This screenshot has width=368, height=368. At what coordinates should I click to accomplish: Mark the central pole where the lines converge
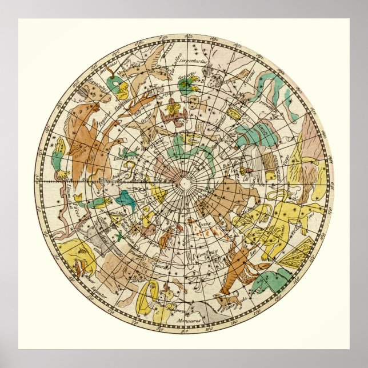pyautogui.click(x=184, y=182)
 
